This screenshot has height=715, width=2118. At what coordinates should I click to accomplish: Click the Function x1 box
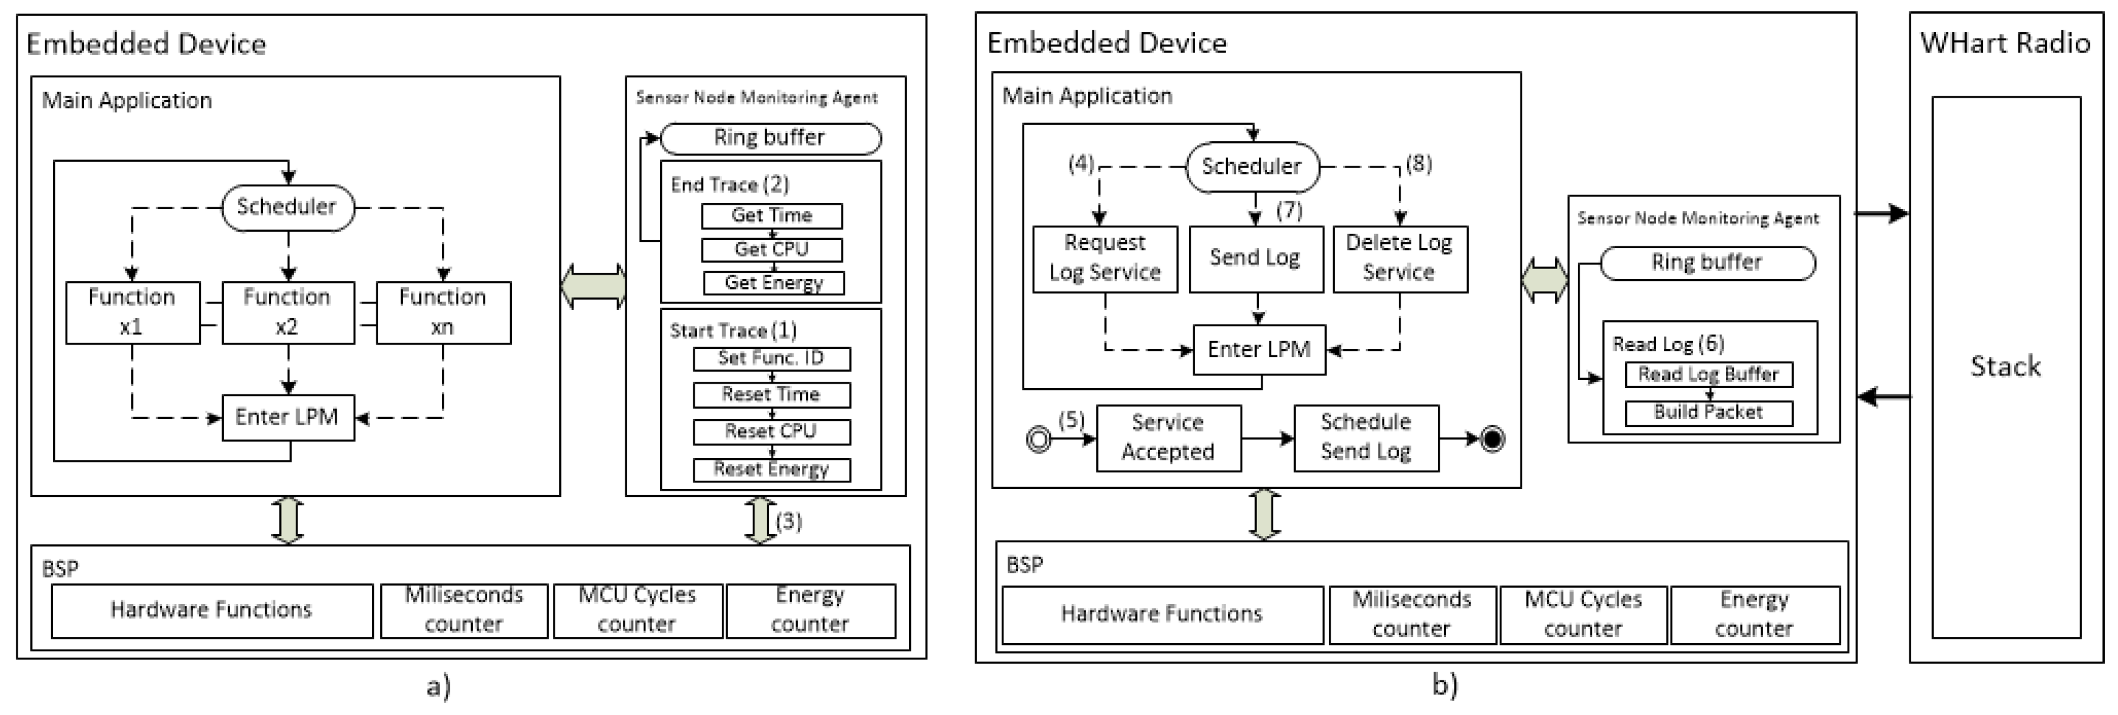click(132, 312)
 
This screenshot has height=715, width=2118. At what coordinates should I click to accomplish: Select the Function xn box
click(443, 312)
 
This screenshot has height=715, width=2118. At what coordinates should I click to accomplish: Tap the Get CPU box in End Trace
click(771, 249)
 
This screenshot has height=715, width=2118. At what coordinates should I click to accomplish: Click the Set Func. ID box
click(771, 358)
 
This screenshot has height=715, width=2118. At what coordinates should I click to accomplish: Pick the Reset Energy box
click(771, 469)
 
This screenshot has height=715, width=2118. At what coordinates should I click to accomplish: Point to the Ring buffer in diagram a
click(770, 138)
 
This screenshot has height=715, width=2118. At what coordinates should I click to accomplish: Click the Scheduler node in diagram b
click(1251, 167)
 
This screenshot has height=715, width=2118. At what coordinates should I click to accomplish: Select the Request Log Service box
click(1104, 258)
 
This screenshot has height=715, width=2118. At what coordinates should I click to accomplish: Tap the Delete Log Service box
click(1399, 258)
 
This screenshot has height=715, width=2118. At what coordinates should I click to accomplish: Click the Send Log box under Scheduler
click(1256, 258)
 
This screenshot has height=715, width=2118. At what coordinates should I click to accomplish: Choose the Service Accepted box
click(1168, 437)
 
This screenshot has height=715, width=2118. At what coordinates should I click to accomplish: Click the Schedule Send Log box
click(1366, 437)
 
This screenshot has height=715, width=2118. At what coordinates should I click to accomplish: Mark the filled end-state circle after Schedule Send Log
click(1492, 439)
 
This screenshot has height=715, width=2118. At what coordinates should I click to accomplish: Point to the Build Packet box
click(1708, 413)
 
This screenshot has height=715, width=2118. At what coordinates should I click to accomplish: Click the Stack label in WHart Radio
click(2005, 366)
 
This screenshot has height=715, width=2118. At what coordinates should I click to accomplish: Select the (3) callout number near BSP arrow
click(789, 521)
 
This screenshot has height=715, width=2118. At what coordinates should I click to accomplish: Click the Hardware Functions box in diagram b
click(1162, 614)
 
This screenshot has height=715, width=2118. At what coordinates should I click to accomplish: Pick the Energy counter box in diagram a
click(810, 610)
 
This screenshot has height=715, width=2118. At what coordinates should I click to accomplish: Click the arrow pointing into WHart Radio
click(1883, 214)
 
